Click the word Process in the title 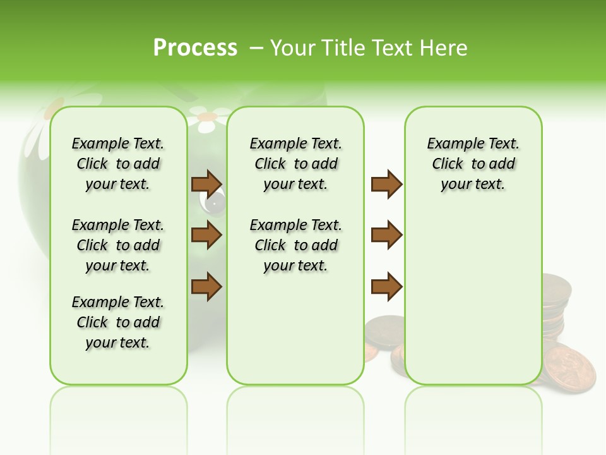click(x=195, y=47)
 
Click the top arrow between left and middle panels click(x=206, y=184)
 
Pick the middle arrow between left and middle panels click(x=206, y=235)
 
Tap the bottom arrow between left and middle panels click(x=206, y=286)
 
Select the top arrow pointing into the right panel click(x=386, y=184)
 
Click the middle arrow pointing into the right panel click(x=386, y=235)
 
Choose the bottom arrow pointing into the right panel click(x=386, y=286)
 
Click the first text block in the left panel click(x=118, y=164)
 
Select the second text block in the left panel click(x=118, y=245)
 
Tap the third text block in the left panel click(x=118, y=322)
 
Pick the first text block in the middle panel click(x=295, y=164)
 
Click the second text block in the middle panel click(x=295, y=245)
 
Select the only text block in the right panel click(x=473, y=164)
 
